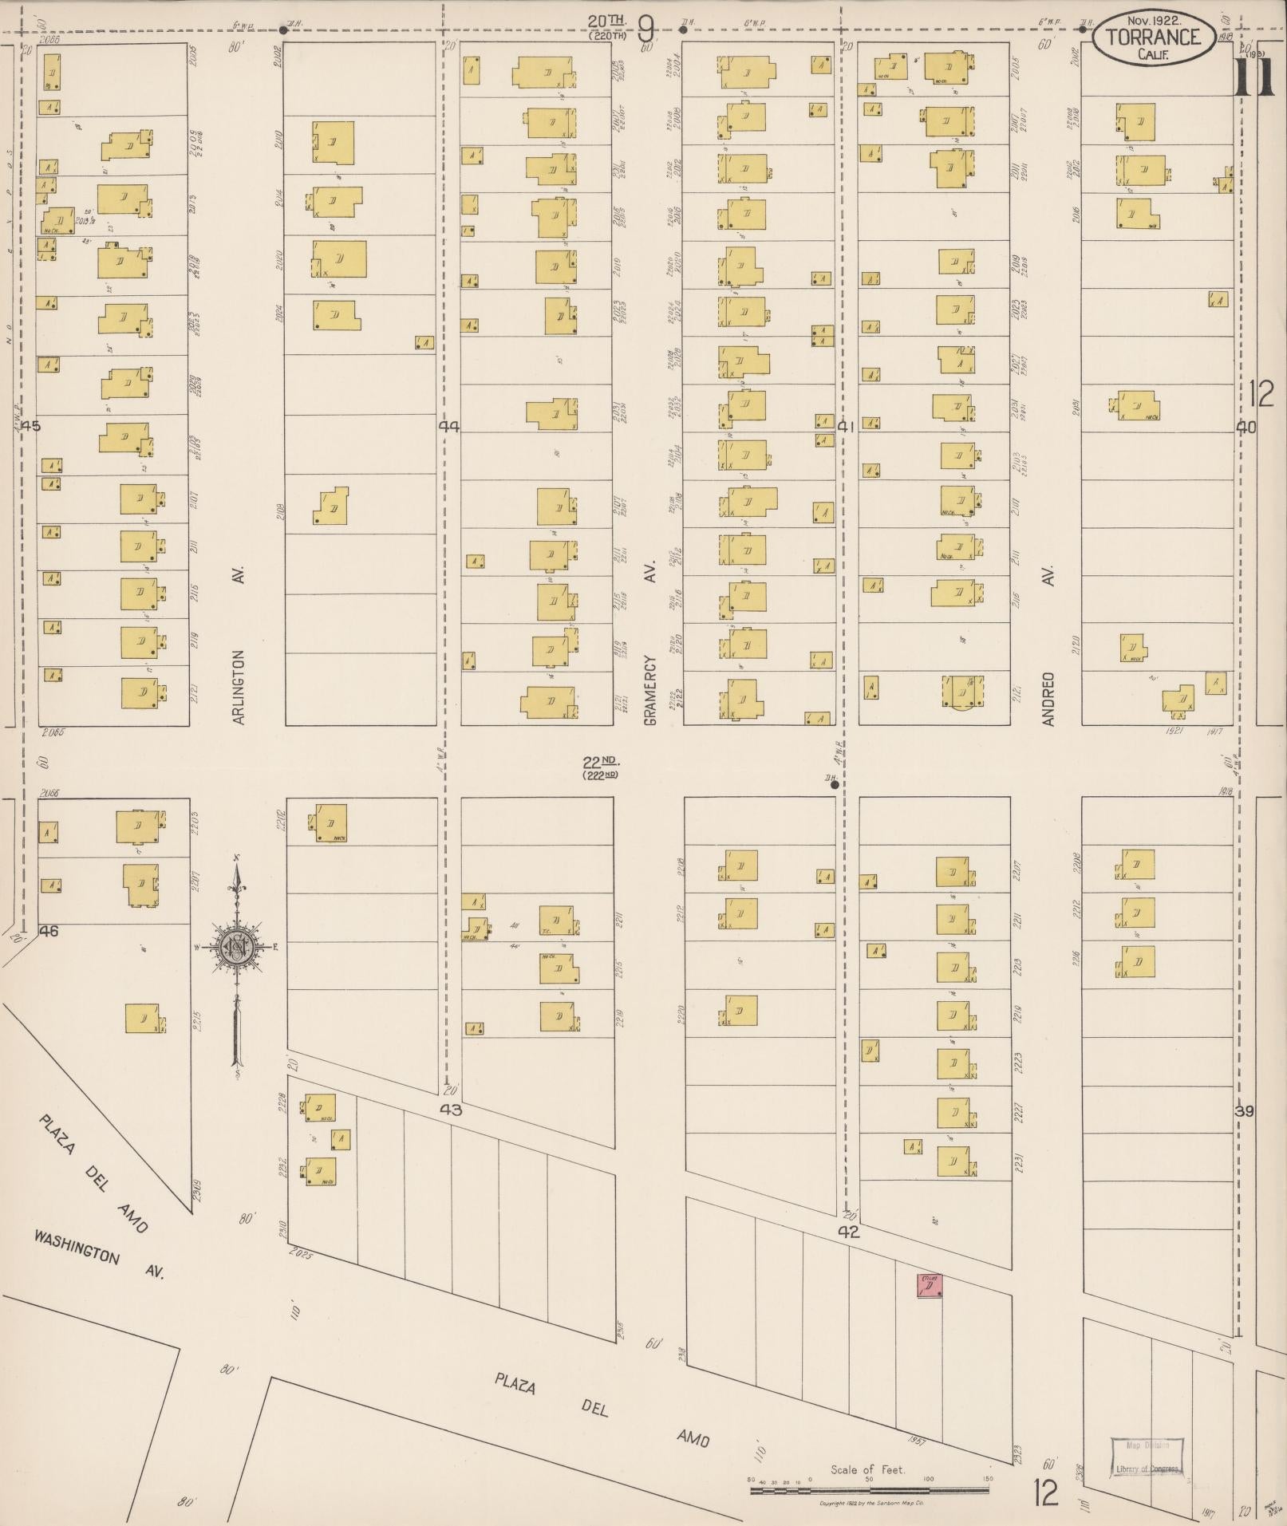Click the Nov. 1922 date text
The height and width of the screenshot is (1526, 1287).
tap(1153, 19)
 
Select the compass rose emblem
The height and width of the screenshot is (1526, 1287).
tap(237, 947)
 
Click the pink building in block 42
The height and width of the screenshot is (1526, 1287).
tap(931, 1286)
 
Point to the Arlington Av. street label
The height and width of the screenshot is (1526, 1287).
tap(238, 687)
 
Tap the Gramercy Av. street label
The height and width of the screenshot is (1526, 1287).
tap(649, 691)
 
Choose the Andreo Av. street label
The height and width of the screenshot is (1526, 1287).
tap(1048, 698)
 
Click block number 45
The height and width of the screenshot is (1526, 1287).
tap(31, 426)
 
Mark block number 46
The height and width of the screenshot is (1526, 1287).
tap(49, 930)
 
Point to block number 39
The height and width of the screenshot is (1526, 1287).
tap(1245, 1111)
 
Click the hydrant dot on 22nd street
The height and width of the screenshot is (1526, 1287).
tap(835, 785)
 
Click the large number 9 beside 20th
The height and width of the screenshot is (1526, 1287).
tap(646, 30)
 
